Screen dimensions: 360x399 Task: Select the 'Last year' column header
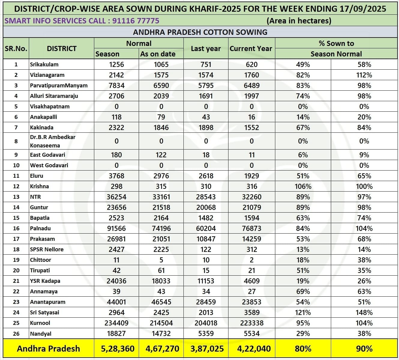pos(206,49)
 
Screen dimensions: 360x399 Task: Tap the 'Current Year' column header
pos(251,49)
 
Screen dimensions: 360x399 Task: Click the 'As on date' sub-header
pos(158,54)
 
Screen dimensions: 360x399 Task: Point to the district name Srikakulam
pos(44,65)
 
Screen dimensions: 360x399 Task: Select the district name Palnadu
pos(40,228)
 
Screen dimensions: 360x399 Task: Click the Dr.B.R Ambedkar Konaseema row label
pos(53,141)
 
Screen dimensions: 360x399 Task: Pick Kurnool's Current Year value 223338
pos(252,323)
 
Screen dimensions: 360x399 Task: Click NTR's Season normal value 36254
pos(116,197)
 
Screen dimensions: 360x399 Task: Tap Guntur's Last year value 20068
pos(206,207)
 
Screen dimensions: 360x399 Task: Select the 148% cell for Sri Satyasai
pos(364,313)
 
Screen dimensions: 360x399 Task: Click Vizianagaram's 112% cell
pos(364,75)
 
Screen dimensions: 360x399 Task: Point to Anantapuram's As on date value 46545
pos(161,302)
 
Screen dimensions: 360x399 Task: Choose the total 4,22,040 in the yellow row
pos(252,349)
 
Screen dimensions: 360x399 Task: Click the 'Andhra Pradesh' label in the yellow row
pos(48,349)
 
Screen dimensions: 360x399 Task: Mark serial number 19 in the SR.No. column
pos(16,260)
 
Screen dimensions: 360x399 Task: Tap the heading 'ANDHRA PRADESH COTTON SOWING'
pos(200,32)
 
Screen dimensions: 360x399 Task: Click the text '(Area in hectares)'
pos(299,21)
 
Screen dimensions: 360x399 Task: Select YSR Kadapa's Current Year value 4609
pos(252,281)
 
